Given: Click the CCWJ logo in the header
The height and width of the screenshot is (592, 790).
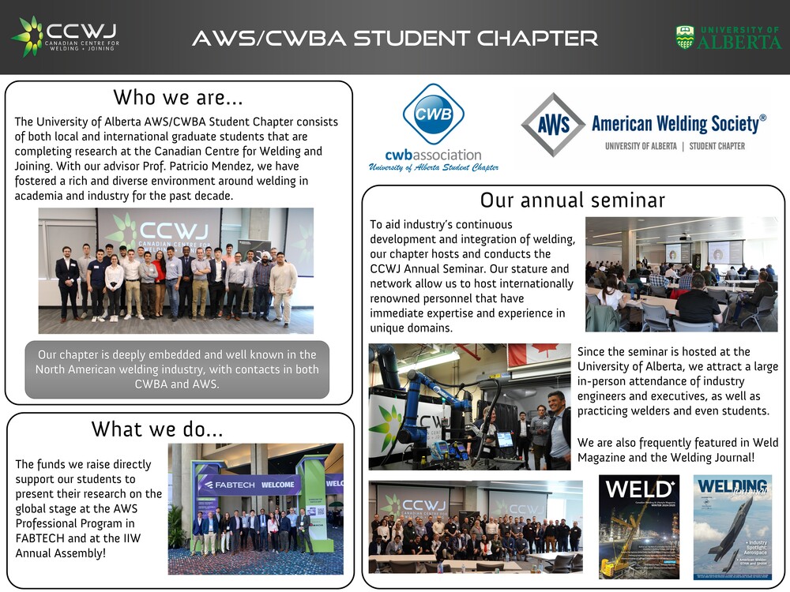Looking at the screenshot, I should pyautogui.click(x=65, y=36).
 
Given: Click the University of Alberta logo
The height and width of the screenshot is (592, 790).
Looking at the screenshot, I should pyautogui.click(x=728, y=37).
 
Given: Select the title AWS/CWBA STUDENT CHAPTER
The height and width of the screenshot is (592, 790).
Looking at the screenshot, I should pyautogui.click(x=394, y=37).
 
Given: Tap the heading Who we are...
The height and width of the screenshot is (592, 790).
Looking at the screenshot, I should pyautogui.click(x=178, y=98).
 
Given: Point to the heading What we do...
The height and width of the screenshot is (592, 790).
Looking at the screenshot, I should pyautogui.click(x=157, y=429).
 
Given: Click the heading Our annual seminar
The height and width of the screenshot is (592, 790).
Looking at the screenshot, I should pyautogui.click(x=573, y=200).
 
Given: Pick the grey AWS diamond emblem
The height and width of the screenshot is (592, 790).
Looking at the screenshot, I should pyautogui.click(x=552, y=125).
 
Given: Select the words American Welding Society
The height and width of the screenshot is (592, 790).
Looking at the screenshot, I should pyautogui.click(x=679, y=123).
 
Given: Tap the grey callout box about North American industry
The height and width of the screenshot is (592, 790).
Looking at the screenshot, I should pyautogui.click(x=178, y=369).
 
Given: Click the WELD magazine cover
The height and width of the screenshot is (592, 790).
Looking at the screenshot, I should pyautogui.click(x=638, y=526).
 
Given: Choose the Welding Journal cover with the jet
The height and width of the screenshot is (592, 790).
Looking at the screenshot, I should pyautogui.click(x=732, y=526).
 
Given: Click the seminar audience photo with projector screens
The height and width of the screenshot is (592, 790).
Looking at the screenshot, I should pyautogui.click(x=681, y=274).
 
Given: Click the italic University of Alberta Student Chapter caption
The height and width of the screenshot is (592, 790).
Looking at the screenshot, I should pyautogui.click(x=434, y=167).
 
